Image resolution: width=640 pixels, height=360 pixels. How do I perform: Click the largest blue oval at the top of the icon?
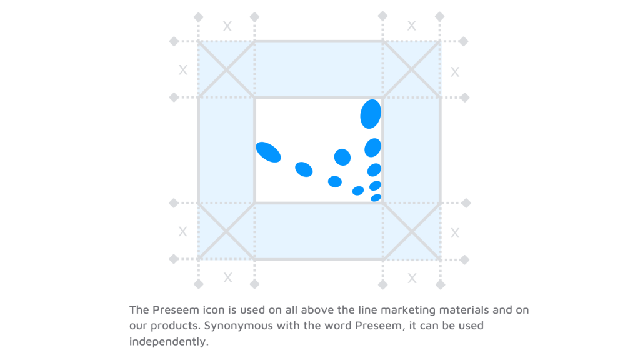(x=371, y=114)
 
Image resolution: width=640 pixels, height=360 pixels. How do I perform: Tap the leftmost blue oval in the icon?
(x=269, y=152)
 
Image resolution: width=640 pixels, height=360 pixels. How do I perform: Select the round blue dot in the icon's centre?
(x=342, y=157)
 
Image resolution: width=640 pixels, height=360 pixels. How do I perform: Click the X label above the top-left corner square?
(x=227, y=26)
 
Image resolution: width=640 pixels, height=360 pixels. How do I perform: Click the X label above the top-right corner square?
(x=411, y=26)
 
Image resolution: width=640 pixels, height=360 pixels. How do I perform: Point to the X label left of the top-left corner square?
(x=182, y=70)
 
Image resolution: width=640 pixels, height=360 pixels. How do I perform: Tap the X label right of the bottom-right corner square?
(x=455, y=233)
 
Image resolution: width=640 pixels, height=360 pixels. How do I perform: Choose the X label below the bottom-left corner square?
(x=227, y=277)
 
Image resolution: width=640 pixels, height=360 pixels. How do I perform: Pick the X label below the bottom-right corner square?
(x=412, y=278)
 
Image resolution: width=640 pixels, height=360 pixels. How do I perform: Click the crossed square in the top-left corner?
(x=226, y=69)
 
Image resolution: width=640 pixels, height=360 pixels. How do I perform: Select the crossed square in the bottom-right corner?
(x=412, y=231)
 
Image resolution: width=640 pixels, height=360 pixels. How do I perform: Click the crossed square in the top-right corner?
(x=412, y=69)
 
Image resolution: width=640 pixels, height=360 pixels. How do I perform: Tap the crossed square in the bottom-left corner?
(x=226, y=231)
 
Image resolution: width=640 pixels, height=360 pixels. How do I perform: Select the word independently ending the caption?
(x=168, y=342)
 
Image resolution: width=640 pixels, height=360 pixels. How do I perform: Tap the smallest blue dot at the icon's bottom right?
(x=376, y=197)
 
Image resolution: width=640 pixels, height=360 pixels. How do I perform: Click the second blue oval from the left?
(x=304, y=169)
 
